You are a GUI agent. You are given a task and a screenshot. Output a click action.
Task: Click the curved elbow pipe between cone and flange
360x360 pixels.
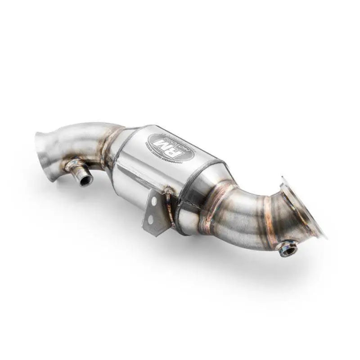coord(243,216)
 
